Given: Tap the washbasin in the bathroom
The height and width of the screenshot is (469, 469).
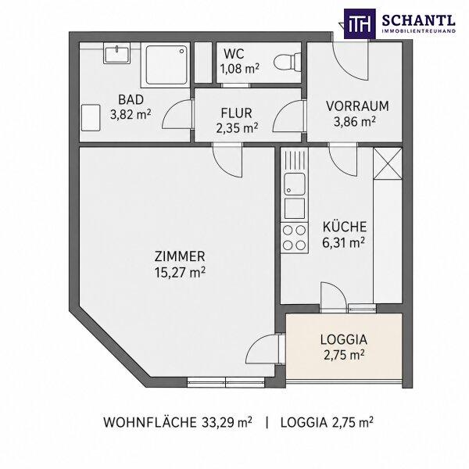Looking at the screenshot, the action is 117,53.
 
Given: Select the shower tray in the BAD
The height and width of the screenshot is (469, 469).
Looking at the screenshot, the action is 165,64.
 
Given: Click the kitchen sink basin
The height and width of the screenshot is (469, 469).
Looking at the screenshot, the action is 295,184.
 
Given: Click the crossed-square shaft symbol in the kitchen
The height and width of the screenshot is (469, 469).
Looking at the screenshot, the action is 388,163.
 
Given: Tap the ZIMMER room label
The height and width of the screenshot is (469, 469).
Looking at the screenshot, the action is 180,256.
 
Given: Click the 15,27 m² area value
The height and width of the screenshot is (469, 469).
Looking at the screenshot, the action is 180,273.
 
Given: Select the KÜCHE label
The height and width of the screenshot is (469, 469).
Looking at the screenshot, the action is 345,227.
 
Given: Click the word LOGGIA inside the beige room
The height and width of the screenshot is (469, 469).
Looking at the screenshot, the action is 344,340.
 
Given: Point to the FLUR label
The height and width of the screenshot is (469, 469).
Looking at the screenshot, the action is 236,113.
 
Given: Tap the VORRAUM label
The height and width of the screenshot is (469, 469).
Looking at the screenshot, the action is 357,106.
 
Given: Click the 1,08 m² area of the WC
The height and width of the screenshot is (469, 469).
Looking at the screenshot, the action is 240,69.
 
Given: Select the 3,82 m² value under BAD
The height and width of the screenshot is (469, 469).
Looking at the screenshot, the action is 131,114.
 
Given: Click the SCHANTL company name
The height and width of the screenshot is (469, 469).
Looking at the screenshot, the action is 419,20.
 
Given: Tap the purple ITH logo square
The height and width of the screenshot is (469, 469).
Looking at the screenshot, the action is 360,23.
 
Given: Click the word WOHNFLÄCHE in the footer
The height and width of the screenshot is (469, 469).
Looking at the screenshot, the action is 150,422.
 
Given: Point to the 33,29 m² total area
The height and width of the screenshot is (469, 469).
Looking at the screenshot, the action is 227,422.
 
